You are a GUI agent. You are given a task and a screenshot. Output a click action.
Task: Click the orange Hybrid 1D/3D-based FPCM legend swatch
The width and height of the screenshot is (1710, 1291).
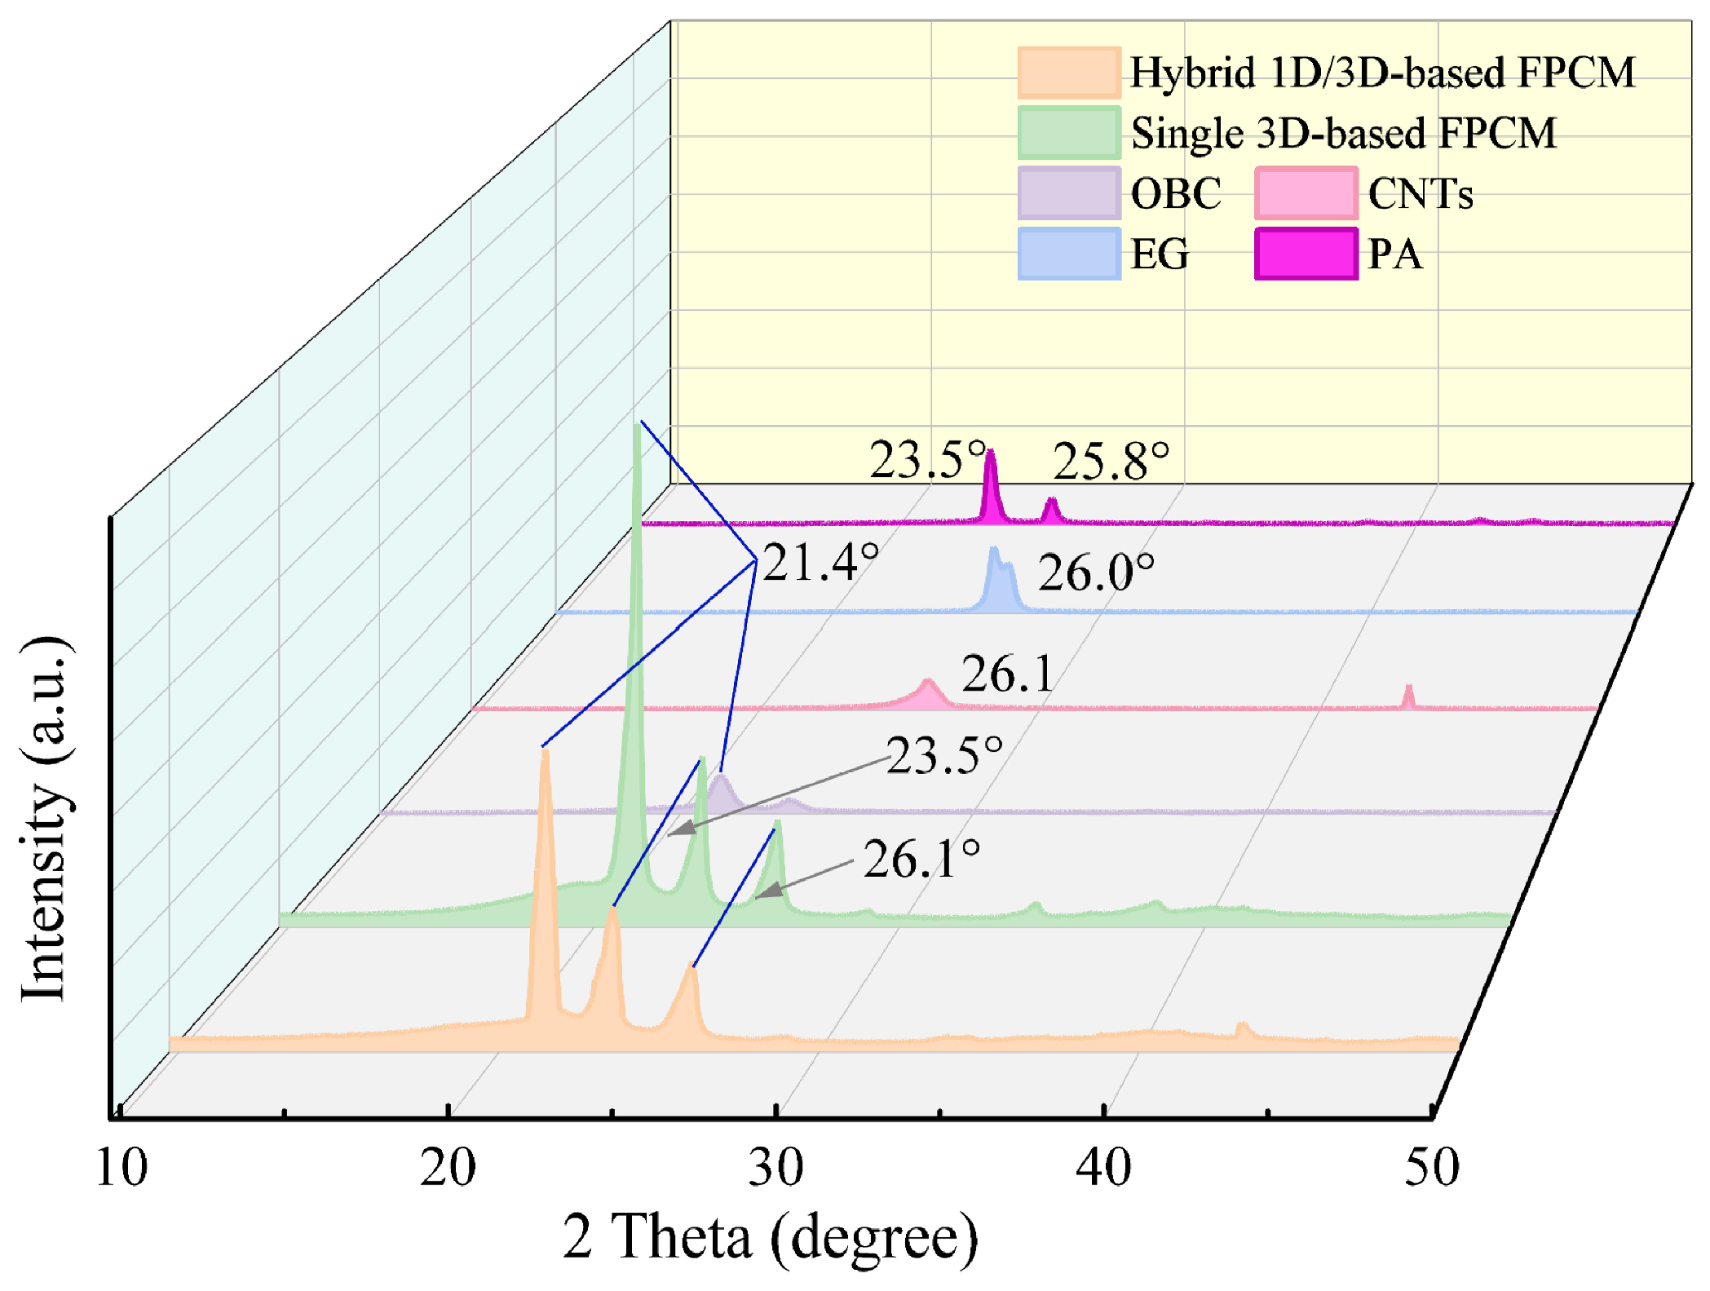[x=1068, y=73]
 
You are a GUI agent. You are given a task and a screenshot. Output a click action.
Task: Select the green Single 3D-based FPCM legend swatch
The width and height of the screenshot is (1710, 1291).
[x=1068, y=133]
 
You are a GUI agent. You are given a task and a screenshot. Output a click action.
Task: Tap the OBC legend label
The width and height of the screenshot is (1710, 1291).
[x=1175, y=194]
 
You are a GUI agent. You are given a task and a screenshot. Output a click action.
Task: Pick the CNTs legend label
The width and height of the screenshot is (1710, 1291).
[x=1420, y=194]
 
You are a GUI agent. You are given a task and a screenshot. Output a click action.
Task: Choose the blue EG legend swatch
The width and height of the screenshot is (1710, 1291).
[x=1068, y=254]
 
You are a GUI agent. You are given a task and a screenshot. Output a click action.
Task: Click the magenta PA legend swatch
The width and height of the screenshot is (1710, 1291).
[x=1306, y=254]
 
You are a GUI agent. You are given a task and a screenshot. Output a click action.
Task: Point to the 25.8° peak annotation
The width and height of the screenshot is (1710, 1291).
[x=1110, y=462]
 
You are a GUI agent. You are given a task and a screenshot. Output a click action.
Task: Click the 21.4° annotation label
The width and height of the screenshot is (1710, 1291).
[x=820, y=563]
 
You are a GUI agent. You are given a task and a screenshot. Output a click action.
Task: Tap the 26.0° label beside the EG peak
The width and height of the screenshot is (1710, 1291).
[x=1095, y=573]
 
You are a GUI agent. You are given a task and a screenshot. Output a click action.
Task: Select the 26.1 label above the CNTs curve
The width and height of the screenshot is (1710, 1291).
[x=1008, y=674]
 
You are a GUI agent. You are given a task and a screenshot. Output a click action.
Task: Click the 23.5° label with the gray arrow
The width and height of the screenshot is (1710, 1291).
[x=943, y=755]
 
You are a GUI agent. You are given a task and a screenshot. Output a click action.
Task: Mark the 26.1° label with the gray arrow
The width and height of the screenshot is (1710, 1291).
[x=921, y=860]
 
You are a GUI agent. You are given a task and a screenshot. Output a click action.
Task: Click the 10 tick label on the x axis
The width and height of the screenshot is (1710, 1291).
[x=122, y=1168]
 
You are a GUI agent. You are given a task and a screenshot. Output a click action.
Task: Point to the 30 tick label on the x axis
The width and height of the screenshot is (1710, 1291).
[x=775, y=1168]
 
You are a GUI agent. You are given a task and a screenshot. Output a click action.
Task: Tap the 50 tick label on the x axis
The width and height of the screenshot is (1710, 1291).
[x=1431, y=1168]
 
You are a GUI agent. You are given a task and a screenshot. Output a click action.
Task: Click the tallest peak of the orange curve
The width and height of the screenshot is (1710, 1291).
[x=545, y=754]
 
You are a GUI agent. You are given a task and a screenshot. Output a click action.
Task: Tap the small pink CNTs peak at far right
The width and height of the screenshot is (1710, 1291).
[x=1407, y=690]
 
